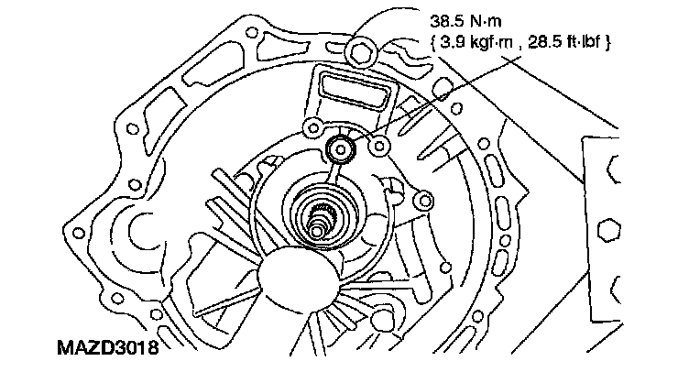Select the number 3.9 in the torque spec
pos(452,42)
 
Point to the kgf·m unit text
pos(488,42)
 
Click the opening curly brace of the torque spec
pos(432,42)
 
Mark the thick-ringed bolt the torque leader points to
pos(343,148)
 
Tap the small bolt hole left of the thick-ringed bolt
pos(313,127)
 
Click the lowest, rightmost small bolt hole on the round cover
pos(422,200)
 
